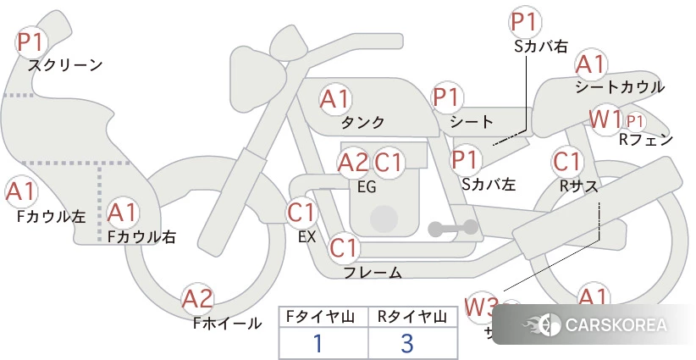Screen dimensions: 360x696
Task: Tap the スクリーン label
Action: [65, 64]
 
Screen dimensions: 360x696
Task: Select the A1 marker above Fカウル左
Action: [20, 192]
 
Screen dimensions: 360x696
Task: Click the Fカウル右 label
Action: [141, 238]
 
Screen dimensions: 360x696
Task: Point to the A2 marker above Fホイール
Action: [197, 299]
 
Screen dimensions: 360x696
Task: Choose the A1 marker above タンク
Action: [334, 99]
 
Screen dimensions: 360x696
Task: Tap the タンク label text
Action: [362, 122]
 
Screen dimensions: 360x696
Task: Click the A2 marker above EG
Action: [353, 162]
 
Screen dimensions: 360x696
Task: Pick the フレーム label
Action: [373, 273]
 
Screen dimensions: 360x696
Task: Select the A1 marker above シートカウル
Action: [590, 64]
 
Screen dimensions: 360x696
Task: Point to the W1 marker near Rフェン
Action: [605, 119]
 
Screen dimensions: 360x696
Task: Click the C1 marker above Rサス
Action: [566, 160]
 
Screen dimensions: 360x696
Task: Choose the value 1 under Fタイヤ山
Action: [318, 344]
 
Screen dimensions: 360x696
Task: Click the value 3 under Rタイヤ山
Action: [407, 344]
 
